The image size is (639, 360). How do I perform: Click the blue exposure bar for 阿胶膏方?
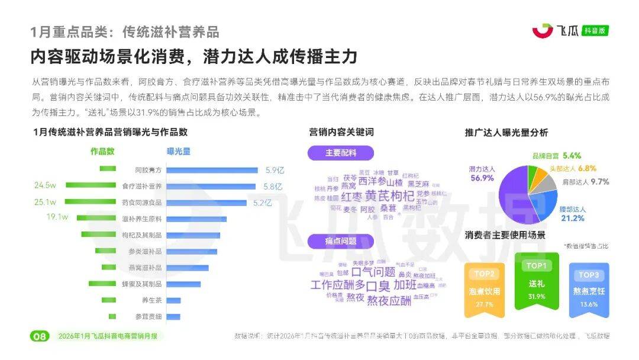click(x=214, y=170)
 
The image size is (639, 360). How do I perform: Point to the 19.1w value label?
click(x=57, y=217)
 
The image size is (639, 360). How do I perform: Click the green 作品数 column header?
click(x=102, y=151)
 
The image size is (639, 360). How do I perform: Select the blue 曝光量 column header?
click(x=179, y=151)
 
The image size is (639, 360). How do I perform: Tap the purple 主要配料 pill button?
click(x=340, y=153)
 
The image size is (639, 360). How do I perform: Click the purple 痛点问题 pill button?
click(x=340, y=241)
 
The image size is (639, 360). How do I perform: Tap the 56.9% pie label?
click(x=482, y=178)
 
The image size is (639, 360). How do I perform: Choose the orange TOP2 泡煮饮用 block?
click(x=484, y=288)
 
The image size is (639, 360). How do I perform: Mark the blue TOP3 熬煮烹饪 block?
click(x=589, y=290)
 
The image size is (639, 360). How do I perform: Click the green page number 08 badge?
click(x=39, y=336)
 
